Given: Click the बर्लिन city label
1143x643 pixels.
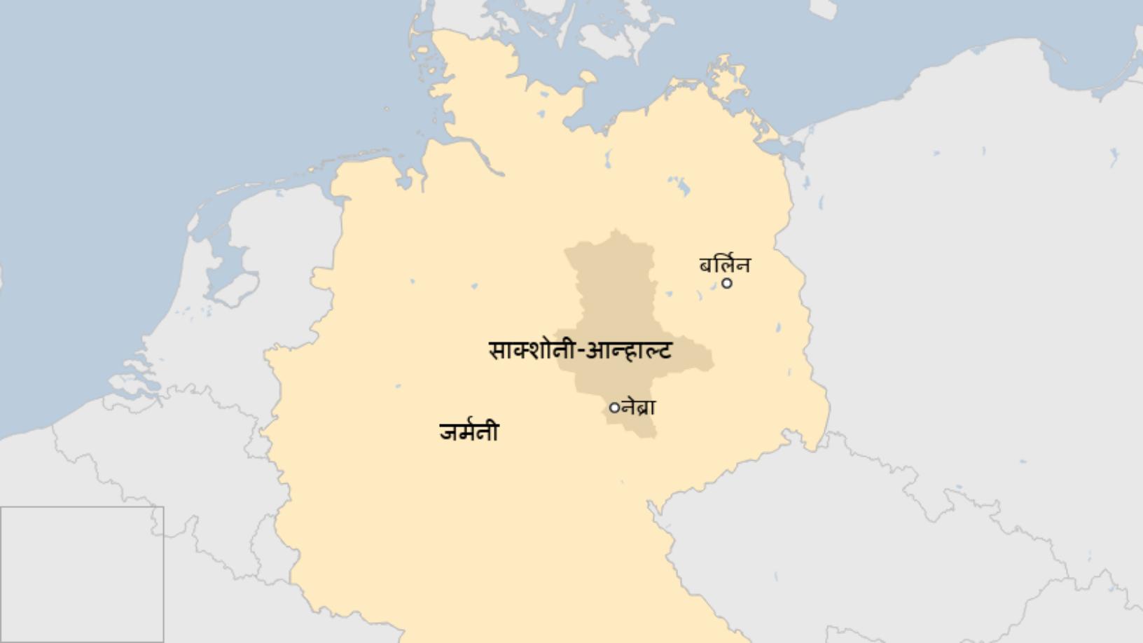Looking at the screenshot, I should point(725,265).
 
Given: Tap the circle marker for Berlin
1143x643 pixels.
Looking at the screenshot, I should point(727,283).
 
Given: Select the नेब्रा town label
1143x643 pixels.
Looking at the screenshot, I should point(639,406).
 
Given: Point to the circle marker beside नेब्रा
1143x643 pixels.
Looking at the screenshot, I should point(614,407).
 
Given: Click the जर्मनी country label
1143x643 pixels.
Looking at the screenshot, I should point(469,431).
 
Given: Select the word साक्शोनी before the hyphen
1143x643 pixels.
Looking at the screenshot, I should point(531,350).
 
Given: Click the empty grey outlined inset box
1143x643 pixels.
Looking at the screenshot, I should point(81,574).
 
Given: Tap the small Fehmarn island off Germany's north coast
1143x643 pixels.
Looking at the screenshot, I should point(588,77).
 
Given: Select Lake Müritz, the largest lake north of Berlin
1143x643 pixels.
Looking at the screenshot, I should point(679,186).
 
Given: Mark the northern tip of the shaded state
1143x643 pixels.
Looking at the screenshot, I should point(616,233).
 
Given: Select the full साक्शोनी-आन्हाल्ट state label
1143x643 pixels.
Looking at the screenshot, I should point(580,350).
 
